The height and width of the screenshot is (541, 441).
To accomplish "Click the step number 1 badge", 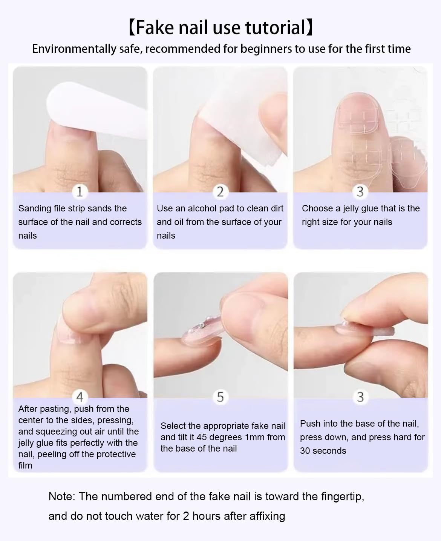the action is (80, 192).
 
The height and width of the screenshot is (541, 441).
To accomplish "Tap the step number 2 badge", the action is (220, 192).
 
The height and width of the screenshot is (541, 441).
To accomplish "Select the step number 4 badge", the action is (80, 397).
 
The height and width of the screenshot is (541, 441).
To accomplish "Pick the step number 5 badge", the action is (220, 397).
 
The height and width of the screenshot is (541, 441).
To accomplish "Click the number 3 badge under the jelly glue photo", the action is (360, 192).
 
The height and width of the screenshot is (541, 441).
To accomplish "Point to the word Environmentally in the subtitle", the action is (74, 49).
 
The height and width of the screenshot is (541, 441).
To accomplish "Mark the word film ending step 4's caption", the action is (25, 465).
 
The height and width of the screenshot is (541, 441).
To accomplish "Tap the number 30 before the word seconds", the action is (305, 450).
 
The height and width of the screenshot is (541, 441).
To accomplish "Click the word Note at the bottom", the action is (62, 496).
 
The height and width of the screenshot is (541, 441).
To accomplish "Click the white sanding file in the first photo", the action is (97, 111).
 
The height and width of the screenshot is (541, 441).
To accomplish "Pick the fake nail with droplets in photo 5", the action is (202, 331).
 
